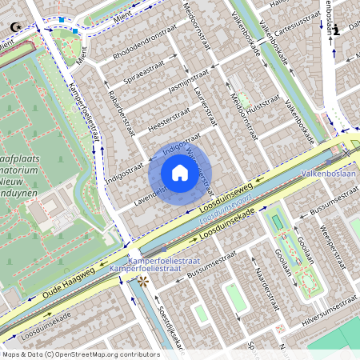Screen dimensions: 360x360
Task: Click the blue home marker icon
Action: (180, 173)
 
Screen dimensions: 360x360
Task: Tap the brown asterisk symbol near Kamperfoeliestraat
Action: (143, 282)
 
